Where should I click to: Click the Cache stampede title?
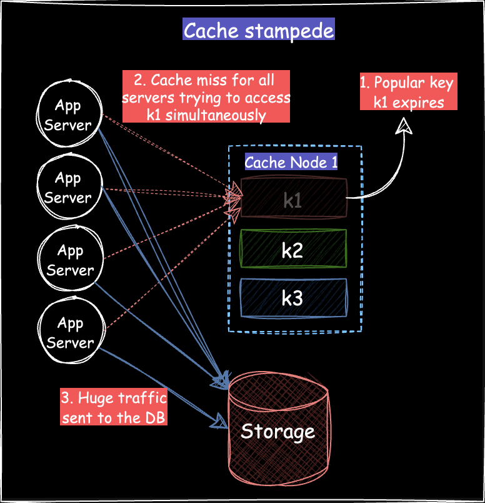coord(258,30)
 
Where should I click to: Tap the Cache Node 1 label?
coord(291,163)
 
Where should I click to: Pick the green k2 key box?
coord(293,249)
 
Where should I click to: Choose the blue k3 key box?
coord(293,298)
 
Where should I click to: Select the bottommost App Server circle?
coord(69,332)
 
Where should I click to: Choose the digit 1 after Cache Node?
coord(334,163)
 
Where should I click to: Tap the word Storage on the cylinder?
coord(277,431)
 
